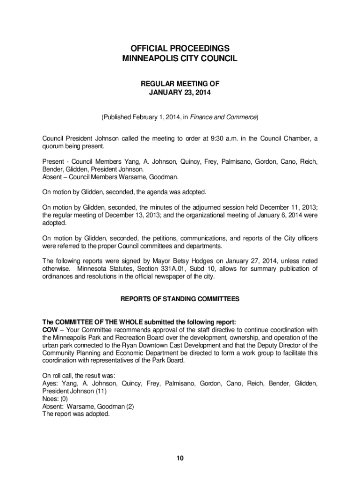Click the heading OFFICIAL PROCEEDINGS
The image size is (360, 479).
click(x=180, y=49)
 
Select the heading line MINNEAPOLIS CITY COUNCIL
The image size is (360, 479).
click(x=180, y=59)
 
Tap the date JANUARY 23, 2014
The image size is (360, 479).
click(x=180, y=93)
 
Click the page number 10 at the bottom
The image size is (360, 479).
click(x=180, y=458)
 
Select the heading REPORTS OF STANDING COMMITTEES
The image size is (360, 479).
click(x=180, y=299)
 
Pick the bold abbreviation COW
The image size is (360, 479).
click(x=50, y=330)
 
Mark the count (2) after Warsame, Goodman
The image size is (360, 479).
click(x=129, y=406)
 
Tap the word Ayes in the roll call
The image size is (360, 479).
click(x=50, y=384)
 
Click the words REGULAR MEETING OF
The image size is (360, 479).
click(x=180, y=84)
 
